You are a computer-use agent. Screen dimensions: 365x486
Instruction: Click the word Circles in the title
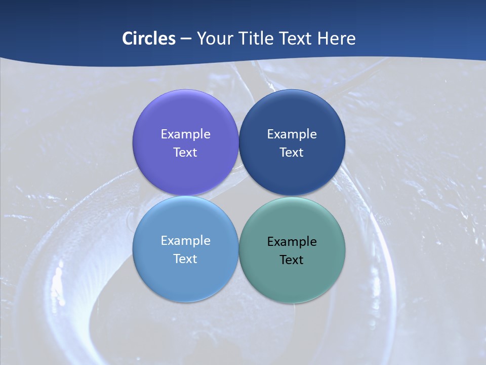point(149,39)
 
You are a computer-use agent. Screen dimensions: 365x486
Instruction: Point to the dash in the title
point(186,39)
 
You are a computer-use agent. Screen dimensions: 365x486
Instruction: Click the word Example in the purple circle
point(185,134)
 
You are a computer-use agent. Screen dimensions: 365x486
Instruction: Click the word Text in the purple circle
point(185,153)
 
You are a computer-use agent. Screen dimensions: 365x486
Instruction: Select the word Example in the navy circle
point(292,134)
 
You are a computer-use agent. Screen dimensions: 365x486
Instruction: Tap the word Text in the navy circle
point(292,153)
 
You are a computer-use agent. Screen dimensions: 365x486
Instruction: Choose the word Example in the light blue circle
point(185,241)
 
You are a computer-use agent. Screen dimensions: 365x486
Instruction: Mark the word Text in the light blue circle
point(185,259)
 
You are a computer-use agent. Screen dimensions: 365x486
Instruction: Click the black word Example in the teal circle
point(292,242)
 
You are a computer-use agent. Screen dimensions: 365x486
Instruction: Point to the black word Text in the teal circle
point(292,260)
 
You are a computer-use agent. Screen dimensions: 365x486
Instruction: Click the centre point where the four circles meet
point(238,196)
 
